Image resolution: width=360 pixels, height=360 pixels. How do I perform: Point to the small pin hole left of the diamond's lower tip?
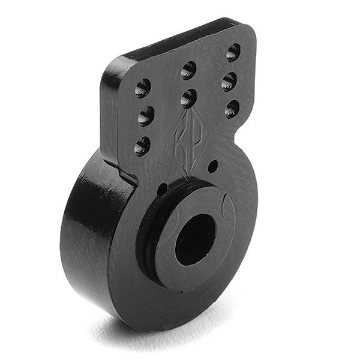click(x=162, y=190)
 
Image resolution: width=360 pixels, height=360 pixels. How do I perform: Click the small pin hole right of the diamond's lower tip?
click(x=212, y=166)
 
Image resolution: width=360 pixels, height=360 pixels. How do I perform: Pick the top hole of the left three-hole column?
click(x=142, y=88)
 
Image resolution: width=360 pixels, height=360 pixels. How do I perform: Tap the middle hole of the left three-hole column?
click(x=145, y=115)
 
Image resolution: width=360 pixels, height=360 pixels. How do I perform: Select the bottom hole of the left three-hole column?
click(x=142, y=145)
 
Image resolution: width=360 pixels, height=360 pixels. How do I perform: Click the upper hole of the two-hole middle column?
click(x=188, y=70)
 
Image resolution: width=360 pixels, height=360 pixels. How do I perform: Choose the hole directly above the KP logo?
click(x=188, y=98)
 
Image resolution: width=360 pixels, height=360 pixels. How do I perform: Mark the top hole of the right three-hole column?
click(x=233, y=52)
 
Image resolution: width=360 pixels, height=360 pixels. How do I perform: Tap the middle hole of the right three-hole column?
click(x=229, y=81)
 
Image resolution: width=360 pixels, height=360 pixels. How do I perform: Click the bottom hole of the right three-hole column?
click(x=232, y=109)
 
